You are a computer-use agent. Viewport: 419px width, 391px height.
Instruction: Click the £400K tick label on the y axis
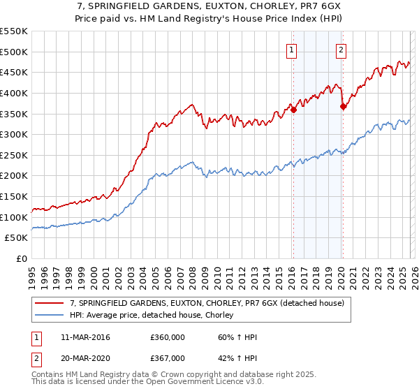coord(14,93)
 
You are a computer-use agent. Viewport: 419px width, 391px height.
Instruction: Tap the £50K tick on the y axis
coord(17,238)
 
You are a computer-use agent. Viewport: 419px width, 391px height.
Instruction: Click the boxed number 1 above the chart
coord(291,50)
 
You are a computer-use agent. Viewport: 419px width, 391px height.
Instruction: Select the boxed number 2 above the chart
coord(341,50)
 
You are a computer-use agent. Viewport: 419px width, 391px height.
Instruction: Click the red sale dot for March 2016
coord(294,109)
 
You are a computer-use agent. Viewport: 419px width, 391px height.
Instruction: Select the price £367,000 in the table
coord(167,358)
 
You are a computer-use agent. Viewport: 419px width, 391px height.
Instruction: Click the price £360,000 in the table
coord(167,337)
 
